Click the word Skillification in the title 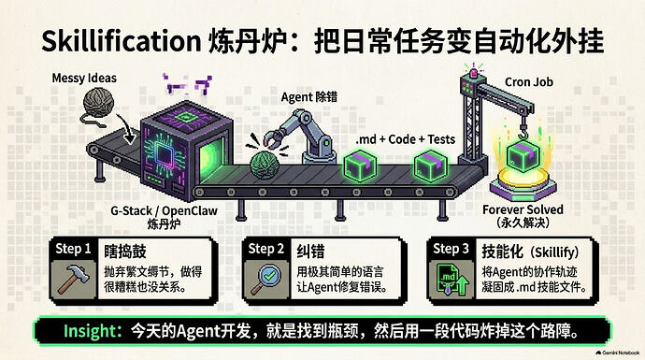[121, 41]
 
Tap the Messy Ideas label [84, 78]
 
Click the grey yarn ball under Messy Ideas [98, 102]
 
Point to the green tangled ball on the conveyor [265, 165]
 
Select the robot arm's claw [273, 138]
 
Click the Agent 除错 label [309, 97]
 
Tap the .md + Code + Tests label [406, 139]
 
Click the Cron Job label [529, 82]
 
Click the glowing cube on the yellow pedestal [523, 156]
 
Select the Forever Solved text [523, 209]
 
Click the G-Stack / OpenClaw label [165, 210]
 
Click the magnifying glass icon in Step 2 [266, 279]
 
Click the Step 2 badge [266, 249]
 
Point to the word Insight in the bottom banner [93, 331]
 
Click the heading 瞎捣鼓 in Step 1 [125, 252]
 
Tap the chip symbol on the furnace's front [165, 156]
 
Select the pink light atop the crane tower [474, 73]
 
